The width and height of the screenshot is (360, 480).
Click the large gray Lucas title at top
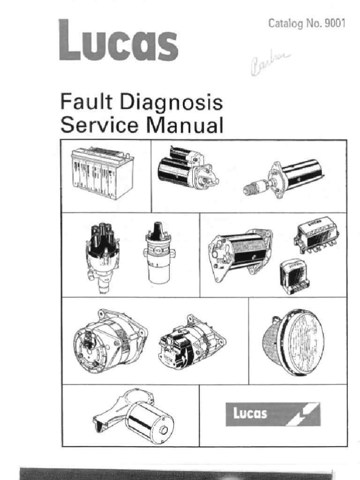tap(118, 41)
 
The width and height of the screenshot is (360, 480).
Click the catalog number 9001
tap(336, 23)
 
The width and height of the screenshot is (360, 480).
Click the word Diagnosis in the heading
tap(173, 104)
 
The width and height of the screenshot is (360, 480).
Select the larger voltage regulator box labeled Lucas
tap(317, 234)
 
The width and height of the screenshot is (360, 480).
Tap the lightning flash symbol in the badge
tap(305, 414)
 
